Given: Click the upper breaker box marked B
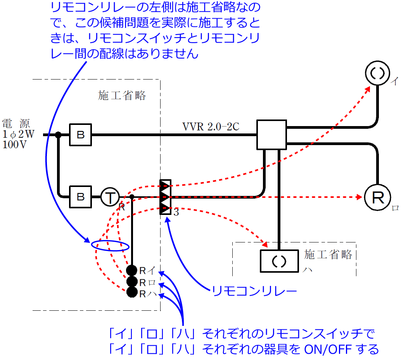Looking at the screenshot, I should pos(81,135).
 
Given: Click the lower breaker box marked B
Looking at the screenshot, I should pos(81,197).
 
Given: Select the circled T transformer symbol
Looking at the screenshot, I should pos(110,197).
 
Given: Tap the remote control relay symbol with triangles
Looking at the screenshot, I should pos(166,197).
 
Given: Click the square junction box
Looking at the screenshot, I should pos(271,135).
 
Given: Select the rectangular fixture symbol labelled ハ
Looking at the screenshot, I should pos(278,261).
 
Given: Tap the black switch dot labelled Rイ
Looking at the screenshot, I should pos(132,270).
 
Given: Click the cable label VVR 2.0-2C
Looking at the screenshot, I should pos(211,126).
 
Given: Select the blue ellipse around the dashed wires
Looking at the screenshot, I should pos(110,246).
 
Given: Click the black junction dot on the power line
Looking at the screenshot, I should pos(58,135).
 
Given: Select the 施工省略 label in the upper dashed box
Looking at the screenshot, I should pos(122,95).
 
